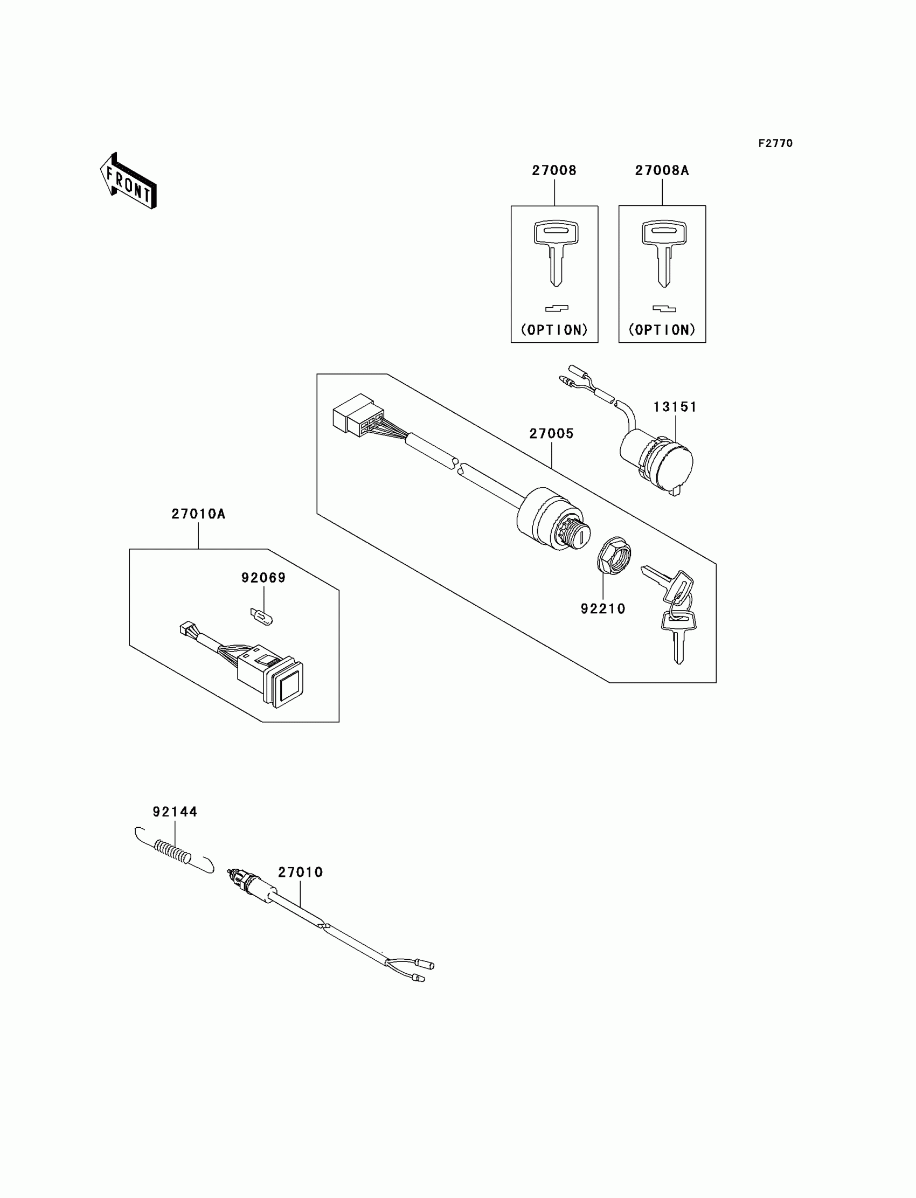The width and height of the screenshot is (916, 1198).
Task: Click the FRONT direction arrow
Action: click(x=129, y=182)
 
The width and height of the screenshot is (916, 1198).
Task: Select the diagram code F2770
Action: click(x=775, y=143)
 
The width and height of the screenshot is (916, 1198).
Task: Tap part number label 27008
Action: click(x=554, y=171)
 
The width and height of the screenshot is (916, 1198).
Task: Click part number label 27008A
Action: click(x=662, y=171)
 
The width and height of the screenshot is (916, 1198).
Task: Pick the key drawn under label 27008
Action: click(x=556, y=251)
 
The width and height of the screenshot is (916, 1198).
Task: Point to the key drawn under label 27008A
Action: click(x=663, y=251)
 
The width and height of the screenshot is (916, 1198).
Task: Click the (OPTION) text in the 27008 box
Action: click(x=554, y=330)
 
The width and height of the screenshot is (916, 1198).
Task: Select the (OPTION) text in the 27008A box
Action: click(x=662, y=330)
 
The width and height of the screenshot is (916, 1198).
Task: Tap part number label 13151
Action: click(x=675, y=407)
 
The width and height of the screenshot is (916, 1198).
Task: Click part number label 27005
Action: click(x=551, y=434)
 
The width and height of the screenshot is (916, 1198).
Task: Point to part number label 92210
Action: click(x=602, y=609)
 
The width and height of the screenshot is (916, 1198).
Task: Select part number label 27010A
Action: click(x=198, y=514)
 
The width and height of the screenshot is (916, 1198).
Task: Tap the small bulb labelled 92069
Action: click(x=262, y=617)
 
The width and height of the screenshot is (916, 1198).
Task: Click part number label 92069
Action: click(x=263, y=578)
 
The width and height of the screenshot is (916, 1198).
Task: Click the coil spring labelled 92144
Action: click(x=174, y=851)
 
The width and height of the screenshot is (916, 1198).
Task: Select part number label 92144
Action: click(x=175, y=812)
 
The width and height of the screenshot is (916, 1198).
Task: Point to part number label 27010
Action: click(x=301, y=872)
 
